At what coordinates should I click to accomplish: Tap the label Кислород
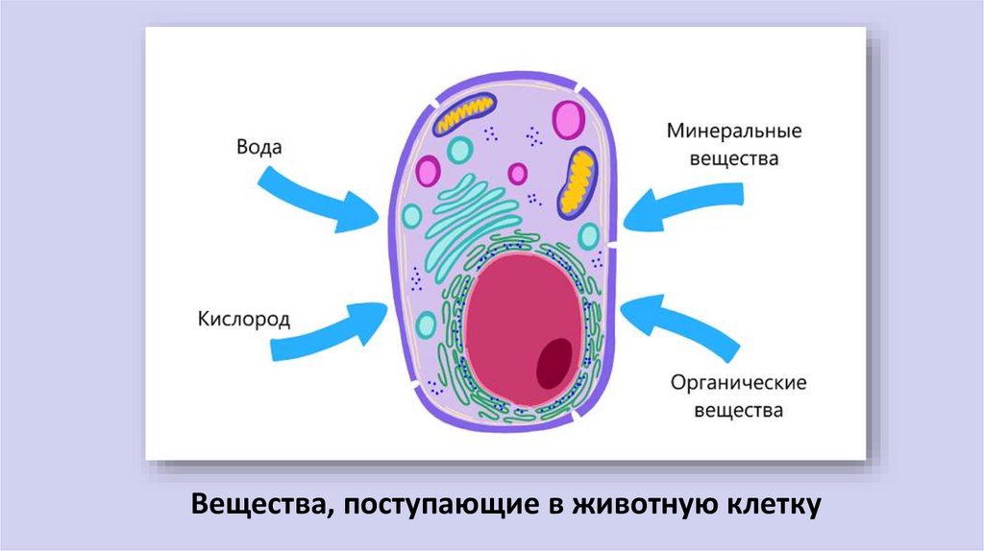245,319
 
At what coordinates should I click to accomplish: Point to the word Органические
739,383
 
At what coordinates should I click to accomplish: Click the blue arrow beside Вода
323,196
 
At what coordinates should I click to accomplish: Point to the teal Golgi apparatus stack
471,216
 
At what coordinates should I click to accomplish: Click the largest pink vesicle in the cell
569,120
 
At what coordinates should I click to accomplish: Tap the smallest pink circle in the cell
518,174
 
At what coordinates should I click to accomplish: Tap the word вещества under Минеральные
733,159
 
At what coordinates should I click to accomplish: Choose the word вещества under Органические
739,411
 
